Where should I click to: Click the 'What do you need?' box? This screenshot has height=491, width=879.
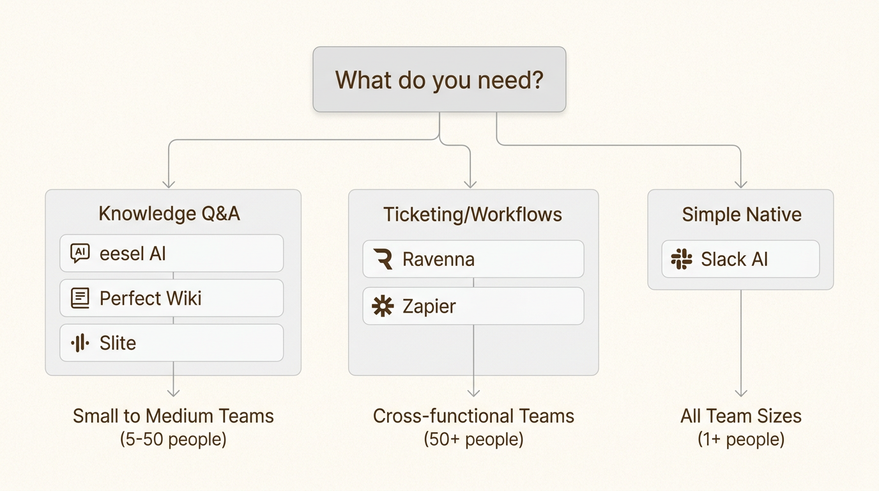(439, 79)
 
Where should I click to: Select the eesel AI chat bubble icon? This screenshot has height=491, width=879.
(80, 253)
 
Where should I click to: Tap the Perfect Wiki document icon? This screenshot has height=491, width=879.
(80, 298)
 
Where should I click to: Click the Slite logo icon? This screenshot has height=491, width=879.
(80, 343)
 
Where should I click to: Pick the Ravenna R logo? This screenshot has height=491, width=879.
(383, 260)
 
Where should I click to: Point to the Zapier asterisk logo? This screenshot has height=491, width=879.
(383, 306)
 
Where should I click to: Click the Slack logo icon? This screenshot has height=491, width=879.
(682, 260)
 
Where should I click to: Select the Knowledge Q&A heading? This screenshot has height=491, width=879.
(169, 214)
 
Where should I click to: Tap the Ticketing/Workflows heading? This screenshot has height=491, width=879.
(473, 214)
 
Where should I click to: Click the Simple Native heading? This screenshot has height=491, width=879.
(742, 214)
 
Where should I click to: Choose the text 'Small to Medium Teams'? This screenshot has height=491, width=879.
(173, 416)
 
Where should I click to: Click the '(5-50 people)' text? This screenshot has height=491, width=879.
(173, 439)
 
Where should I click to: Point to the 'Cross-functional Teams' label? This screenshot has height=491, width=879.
(473, 416)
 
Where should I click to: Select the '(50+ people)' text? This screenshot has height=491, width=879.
(473, 439)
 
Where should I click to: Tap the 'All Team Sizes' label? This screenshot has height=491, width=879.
(741, 416)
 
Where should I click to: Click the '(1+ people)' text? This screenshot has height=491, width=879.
(741, 439)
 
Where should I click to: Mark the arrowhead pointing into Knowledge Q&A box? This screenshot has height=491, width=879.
(169, 185)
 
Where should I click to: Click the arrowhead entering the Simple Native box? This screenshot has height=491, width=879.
(741, 185)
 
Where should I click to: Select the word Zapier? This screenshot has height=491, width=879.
(429, 306)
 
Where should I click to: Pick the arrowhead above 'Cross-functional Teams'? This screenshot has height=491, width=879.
(473, 393)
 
